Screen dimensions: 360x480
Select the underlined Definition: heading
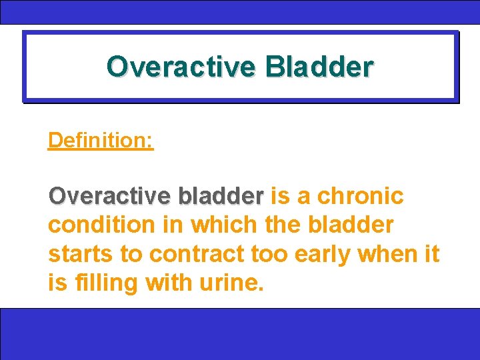pos(101,141)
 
